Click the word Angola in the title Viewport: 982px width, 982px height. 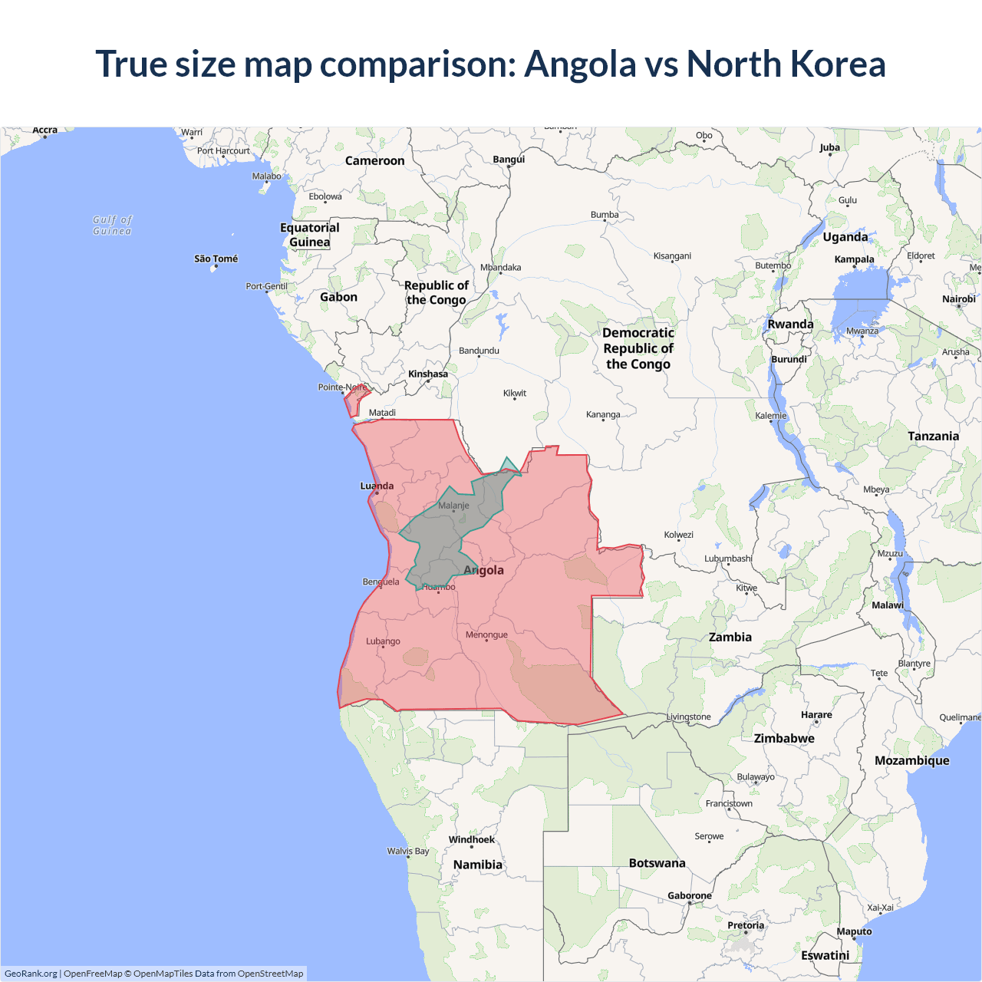point(580,64)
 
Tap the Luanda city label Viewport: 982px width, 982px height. point(377,486)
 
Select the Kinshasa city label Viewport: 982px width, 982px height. point(427,374)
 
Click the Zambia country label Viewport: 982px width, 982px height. point(730,637)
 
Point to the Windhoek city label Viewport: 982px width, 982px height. point(471,839)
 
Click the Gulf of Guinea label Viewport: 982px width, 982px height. point(112,226)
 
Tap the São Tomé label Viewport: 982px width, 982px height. point(216,259)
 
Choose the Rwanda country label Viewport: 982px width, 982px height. point(790,324)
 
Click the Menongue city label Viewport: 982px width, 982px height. point(486,634)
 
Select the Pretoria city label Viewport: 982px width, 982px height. point(746,925)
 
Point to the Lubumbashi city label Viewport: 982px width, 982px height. point(728,559)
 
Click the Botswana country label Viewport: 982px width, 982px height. point(657,863)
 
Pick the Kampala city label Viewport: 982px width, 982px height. point(854,259)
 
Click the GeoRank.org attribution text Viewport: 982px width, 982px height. point(31,974)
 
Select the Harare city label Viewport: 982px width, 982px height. point(816,714)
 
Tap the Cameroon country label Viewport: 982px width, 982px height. point(374,160)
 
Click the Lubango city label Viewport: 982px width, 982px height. point(383,641)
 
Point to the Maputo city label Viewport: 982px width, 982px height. point(854,931)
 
